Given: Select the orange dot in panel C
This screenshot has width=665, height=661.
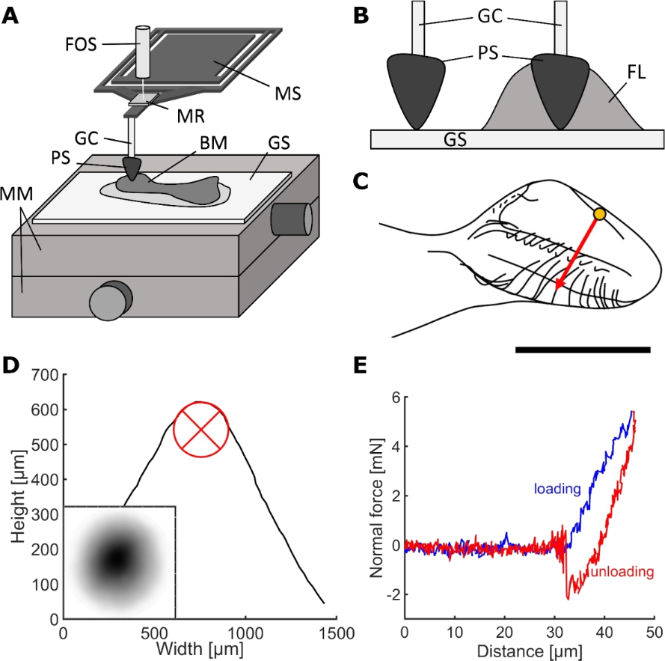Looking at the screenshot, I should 598,216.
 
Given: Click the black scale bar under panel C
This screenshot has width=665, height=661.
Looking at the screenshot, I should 582,349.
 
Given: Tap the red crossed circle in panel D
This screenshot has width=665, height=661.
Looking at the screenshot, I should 198,429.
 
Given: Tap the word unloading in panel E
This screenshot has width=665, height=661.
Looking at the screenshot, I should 622,572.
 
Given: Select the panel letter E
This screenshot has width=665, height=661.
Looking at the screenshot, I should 360,365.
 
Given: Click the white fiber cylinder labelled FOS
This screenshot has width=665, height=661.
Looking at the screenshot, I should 142,50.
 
